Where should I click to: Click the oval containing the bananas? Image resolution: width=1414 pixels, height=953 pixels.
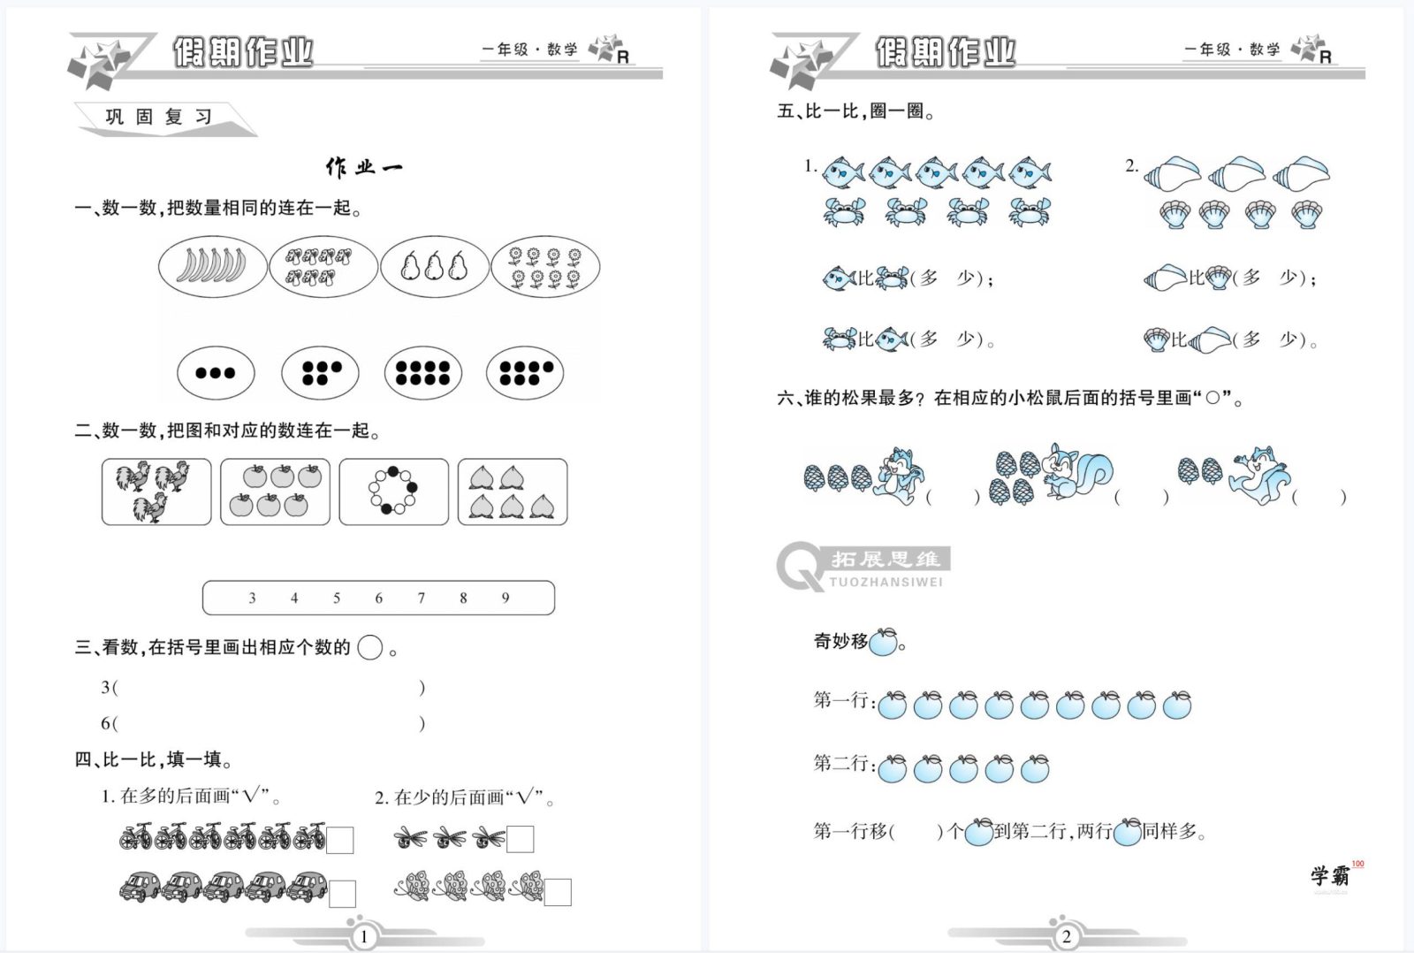coord(212,266)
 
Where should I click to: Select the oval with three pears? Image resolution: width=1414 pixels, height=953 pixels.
coord(434,266)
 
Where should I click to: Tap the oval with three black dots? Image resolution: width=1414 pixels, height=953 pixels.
coord(216,372)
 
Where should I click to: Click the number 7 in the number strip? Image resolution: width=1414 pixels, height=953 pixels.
coord(421,598)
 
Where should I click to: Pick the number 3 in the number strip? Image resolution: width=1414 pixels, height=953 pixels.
coord(252,598)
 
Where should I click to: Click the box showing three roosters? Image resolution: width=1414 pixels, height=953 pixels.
coord(156,492)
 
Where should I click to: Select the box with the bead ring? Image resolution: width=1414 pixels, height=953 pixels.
coord(393,492)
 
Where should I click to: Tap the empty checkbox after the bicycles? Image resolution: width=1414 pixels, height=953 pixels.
coord(340,840)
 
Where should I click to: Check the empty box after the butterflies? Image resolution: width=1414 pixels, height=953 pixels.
coord(558,892)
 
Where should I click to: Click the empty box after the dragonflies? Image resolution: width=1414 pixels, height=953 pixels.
coord(521,839)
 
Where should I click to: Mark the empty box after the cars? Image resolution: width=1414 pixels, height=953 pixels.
coord(342,894)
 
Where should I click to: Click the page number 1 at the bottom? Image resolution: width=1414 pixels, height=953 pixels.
coord(364,936)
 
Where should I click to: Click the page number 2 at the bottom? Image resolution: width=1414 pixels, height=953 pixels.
coord(1066,936)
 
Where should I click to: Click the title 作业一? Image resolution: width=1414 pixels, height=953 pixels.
coord(364,167)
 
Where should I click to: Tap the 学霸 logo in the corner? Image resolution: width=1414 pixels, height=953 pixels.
coord(1330,875)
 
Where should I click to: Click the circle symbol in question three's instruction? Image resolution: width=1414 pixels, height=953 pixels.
coord(370,648)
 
